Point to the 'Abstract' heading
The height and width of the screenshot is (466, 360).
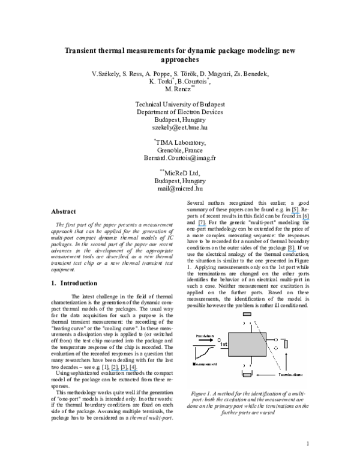pyautogui.click(x=63, y=212)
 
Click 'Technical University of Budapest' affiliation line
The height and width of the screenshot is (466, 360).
pyautogui.click(x=179, y=103)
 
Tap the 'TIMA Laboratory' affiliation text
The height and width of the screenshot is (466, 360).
pyautogui.click(x=180, y=142)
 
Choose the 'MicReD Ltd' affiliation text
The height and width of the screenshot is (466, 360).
pyautogui.click(x=180, y=172)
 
